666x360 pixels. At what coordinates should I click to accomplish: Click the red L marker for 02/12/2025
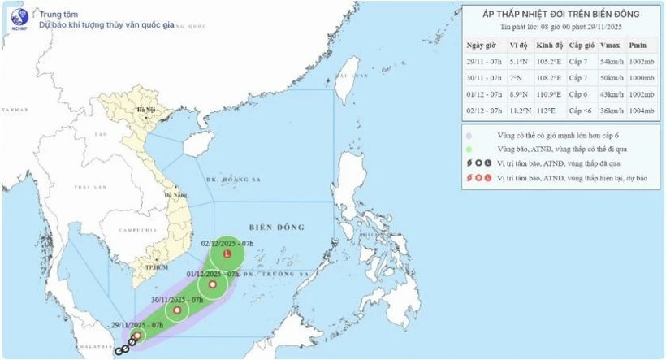[227, 256]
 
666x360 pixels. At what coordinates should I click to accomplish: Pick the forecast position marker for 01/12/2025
[213, 284]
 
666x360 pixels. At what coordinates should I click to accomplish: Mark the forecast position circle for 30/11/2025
[177, 310]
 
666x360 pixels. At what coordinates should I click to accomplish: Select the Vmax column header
[610, 44]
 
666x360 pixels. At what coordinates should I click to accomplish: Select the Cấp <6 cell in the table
[579, 110]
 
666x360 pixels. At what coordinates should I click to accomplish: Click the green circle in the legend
[469, 149]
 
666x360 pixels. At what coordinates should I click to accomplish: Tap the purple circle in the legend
[469, 135]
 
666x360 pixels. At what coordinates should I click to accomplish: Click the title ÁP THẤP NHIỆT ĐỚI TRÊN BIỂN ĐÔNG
[561, 14]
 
